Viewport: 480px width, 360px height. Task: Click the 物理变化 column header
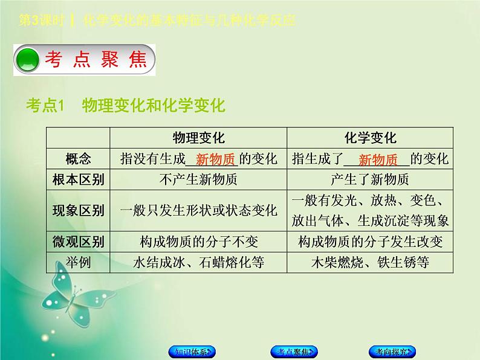[198, 138]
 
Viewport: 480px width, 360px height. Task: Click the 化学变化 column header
[370, 138]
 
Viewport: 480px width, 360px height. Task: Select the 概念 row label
[78, 159]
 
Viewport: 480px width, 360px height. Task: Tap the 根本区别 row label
[78, 179]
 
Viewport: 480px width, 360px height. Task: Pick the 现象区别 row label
[78, 210]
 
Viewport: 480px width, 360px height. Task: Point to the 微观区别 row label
[78, 242]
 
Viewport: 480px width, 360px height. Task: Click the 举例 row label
[78, 262]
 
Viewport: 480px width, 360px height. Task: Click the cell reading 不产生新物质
[198, 179]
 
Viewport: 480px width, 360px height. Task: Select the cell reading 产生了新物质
[370, 179]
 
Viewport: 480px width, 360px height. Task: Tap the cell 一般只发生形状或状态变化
[198, 210]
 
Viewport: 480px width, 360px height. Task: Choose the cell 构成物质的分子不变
[198, 242]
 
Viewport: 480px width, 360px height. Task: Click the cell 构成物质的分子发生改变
[370, 242]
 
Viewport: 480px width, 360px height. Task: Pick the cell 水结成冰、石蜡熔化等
[198, 262]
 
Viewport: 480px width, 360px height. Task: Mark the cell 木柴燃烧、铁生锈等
[370, 262]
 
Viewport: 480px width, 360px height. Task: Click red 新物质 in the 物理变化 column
[215, 159]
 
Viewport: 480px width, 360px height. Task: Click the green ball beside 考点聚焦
[27, 59]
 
